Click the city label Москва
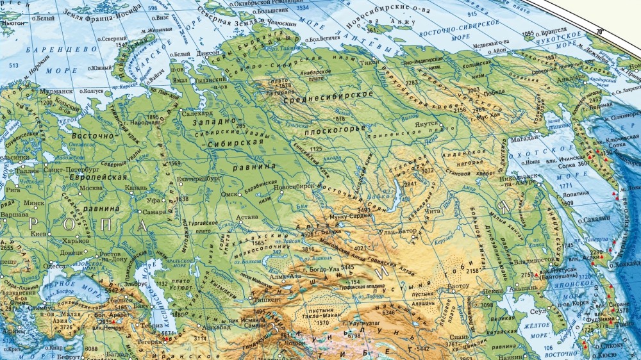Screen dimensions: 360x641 (x=90, y=188)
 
